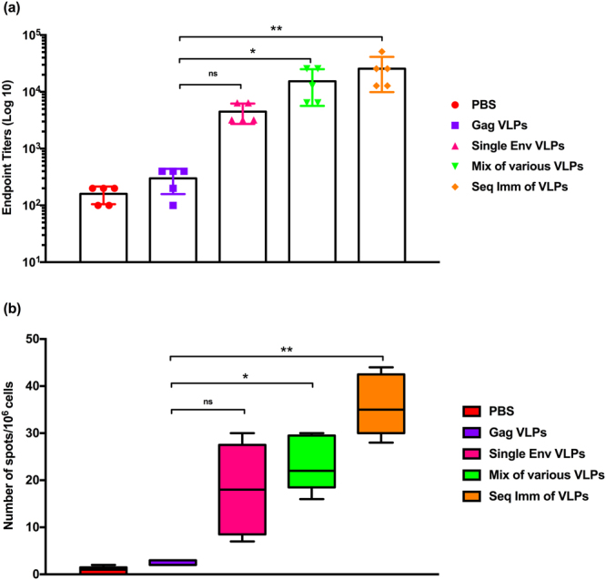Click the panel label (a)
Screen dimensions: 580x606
click(x=13, y=10)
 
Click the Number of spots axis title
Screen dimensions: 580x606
click(x=11, y=456)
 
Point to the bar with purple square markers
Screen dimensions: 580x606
click(x=172, y=219)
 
